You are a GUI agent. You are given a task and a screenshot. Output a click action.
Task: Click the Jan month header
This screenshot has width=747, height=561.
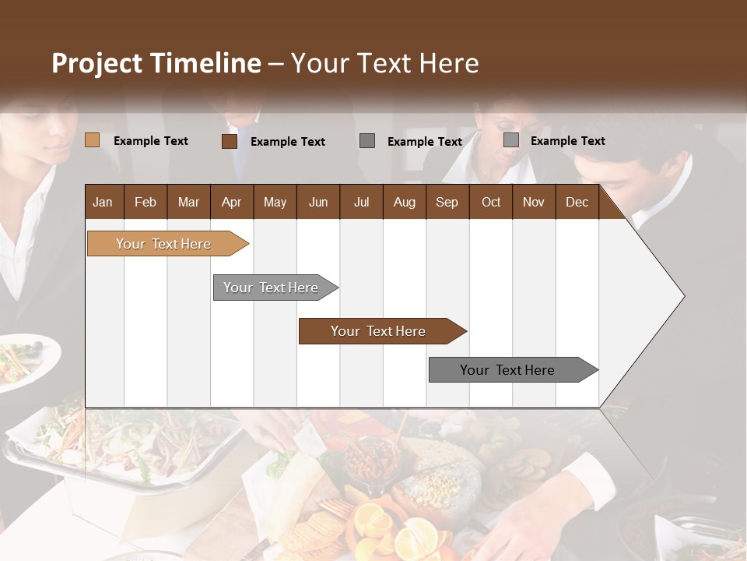[103, 202]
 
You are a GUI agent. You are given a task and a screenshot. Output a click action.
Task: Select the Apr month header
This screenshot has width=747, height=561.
[231, 202]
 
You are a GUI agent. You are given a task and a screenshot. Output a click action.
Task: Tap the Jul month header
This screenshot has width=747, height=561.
[361, 202]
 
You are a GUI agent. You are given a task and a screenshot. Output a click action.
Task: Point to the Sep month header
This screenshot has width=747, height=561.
[447, 202]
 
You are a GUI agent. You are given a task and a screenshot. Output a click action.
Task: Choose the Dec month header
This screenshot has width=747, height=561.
[577, 202]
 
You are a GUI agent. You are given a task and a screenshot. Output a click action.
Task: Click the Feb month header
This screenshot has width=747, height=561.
[146, 202]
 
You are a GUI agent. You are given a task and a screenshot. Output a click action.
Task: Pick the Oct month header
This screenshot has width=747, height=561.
[491, 202]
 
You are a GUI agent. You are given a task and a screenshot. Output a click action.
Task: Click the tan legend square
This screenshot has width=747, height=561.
[93, 140]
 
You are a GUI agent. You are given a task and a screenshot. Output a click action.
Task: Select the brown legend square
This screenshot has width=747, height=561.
[230, 141]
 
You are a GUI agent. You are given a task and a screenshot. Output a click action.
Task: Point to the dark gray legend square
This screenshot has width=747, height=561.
[367, 141]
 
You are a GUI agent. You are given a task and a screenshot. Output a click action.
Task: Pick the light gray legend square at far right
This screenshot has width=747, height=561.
[511, 140]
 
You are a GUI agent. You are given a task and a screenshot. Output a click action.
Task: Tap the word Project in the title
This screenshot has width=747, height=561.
[96, 62]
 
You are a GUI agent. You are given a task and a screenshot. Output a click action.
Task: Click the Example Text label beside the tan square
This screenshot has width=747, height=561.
[151, 140]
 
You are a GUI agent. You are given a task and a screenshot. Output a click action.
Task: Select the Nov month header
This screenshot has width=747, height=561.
[534, 202]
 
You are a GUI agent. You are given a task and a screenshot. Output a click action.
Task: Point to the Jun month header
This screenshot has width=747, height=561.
[318, 202]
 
